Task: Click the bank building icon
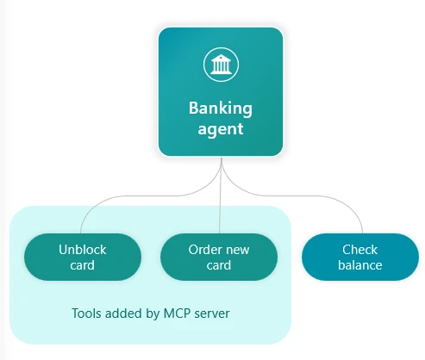pos(220,65)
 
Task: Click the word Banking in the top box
pos(220,109)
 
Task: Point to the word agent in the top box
pos(220,130)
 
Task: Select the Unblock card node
pos(82,257)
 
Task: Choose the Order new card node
pos(219,257)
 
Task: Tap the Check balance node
pos(359,257)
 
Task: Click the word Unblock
pos(82,250)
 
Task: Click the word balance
pos(359,265)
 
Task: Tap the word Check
pos(359,250)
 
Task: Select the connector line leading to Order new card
pos(221,207)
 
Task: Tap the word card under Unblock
pos(82,265)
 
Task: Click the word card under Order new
pos(219,265)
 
